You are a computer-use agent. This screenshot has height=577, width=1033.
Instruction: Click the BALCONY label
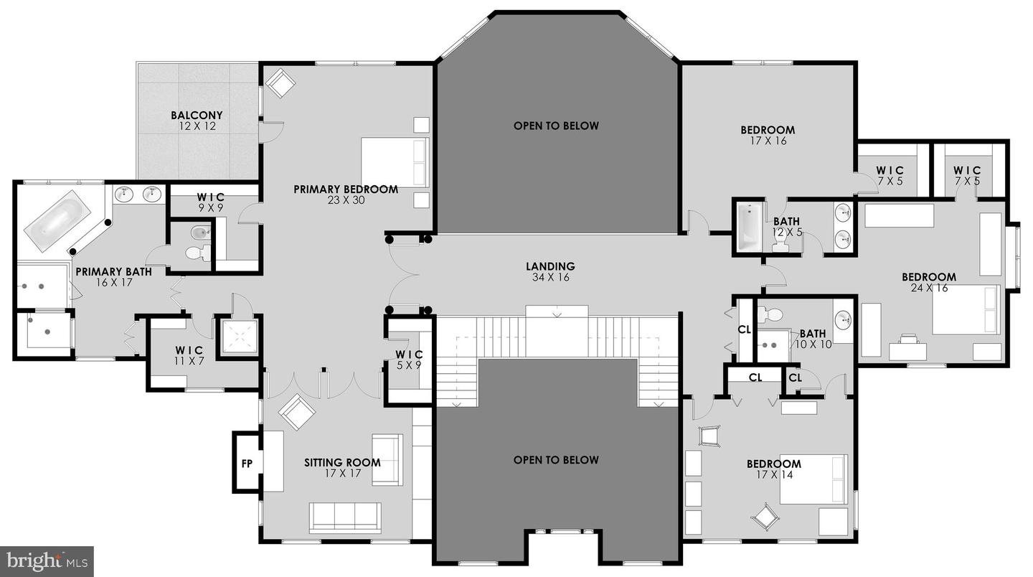197,115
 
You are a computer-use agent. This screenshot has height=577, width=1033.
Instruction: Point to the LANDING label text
551,266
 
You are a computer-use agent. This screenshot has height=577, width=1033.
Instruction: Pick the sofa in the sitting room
345,515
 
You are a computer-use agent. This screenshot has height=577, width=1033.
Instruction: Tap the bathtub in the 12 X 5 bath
750,227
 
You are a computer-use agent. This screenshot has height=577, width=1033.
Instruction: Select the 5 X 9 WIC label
410,355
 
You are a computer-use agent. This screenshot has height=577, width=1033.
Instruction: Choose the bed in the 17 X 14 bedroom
813,479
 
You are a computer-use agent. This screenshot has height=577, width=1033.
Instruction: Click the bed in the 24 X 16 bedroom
966,309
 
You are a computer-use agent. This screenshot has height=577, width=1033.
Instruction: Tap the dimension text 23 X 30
346,200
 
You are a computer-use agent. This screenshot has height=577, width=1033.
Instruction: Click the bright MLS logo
47,560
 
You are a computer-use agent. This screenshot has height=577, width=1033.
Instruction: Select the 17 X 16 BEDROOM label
768,130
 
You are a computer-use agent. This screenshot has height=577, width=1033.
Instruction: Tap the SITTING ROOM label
342,463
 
